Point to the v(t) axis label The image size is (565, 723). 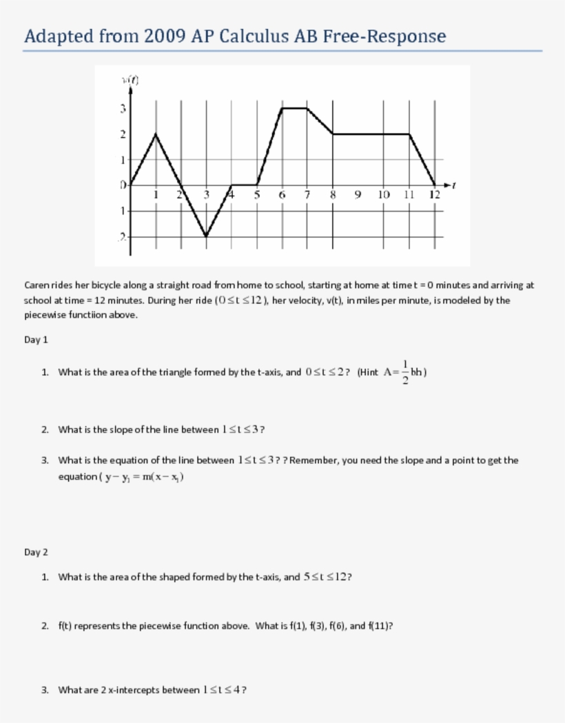pyautogui.click(x=131, y=80)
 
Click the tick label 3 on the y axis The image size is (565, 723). pyautogui.click(x=123, y=108)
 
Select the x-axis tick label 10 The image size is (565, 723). pyautogui.click(x=384, y=194)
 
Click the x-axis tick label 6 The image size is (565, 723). pyautogui.click(x=282, y=194)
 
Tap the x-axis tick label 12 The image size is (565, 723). pyautogui.click(x=433, y=194)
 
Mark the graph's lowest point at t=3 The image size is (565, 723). pyautogui.click(x=206, y=236)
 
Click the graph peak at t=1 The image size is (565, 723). pyautogui.click(x=156, y=134)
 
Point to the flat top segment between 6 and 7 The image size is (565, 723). pyautogui.click(x=295, y=108)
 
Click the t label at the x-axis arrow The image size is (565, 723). pyautogui.click(x=456, y=185)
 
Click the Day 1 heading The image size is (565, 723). pyautogui.click(x=36, y=340)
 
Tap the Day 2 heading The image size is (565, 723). pyautogui.click(x=36, y=552)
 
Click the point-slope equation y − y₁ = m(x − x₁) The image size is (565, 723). pyautogui.click(x=144, y=476)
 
